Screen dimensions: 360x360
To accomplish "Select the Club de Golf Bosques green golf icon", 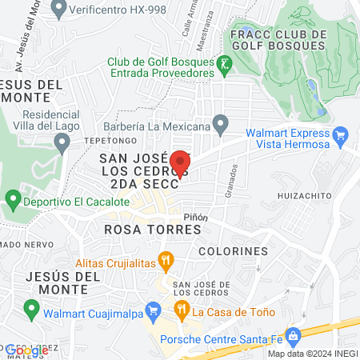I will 226,62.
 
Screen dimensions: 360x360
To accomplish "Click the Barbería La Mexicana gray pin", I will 221,123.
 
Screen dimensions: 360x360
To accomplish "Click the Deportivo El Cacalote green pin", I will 13,199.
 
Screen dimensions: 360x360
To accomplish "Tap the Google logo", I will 26,350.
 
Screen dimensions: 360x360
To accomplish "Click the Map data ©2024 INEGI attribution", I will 312,354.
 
